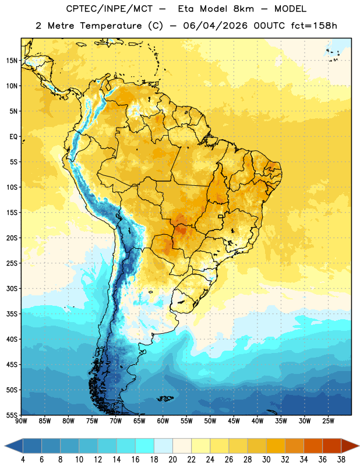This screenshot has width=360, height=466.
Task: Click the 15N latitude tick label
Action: pyautogui.click(x=12, y=61)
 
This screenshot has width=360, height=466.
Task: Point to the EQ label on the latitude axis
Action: pyautogui.click(x=13, y=137)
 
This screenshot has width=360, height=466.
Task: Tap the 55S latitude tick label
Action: pyautogui.click(x=12, y=415)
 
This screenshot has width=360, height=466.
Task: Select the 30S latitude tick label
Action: pyautogui.click(x=12, y=288)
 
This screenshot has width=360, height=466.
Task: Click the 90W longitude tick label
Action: pyautogui.click(x=21, y=421)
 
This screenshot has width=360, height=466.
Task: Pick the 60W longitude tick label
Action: pyautogui.click(x=163, y=421)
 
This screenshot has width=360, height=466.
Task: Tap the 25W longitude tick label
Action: pyautogui.click(x=328, y=421)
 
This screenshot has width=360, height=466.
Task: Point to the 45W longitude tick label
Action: pyautogui.click(x=234, y=421)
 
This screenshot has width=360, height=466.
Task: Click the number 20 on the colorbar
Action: pyautogui.click(x=172, y=460)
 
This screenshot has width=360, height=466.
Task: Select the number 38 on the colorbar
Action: pyautogui.click(x=341, y=460)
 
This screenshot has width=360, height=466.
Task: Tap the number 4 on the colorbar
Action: pyautogui.click(x=23, y=460)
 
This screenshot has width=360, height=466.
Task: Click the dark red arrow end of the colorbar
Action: pyautogui.click(x=350, y=446)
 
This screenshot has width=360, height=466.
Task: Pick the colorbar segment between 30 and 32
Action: pyautogui.click(x=276, y=446)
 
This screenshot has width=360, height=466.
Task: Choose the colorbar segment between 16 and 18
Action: pyautogui.click(x=144, y=446)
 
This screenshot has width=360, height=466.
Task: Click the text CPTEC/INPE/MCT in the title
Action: pyautogui.click(x=110, y=9)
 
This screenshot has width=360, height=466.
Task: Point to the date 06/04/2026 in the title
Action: pyautogui.click(x=215, y=26)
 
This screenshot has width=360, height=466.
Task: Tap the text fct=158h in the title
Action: pyautogui.click(x=314, y=26)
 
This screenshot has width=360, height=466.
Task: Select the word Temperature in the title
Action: pyautogui.click(x=111, y=26)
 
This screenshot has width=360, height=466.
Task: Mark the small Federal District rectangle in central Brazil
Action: pyautogui.click(x=221, y=216)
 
